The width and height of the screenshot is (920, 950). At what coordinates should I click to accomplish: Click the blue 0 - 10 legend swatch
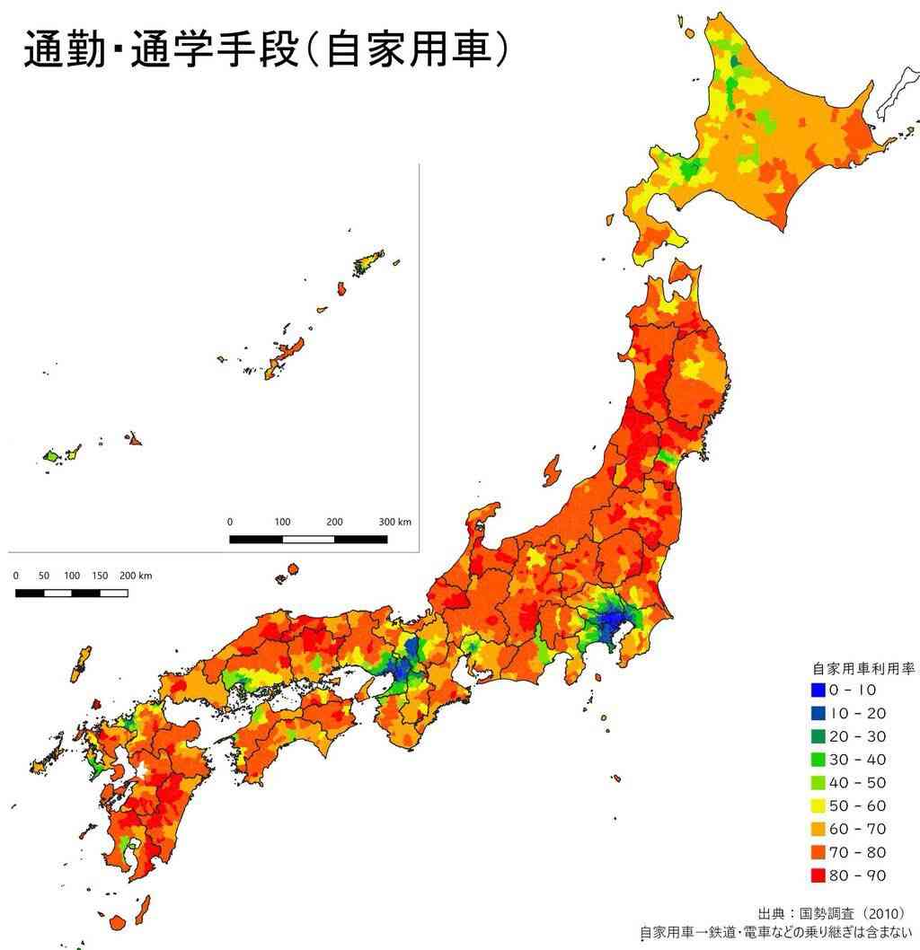817,691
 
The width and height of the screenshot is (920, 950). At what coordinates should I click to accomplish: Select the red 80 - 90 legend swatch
817,875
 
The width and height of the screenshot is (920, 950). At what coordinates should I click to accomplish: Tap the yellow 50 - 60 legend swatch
817,806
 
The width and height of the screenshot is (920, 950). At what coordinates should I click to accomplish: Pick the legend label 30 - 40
857,760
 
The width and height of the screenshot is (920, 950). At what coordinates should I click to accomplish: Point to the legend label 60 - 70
857,829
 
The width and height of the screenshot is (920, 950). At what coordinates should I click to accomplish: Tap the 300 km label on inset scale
394,522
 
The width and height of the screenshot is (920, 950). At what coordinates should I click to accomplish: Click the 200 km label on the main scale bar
136,576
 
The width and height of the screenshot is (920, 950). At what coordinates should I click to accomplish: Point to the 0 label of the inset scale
229,522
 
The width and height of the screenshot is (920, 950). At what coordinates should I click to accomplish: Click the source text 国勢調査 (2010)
845,912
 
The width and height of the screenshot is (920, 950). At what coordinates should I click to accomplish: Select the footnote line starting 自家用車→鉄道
778,933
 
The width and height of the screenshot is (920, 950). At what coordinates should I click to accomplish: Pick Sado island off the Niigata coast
552,471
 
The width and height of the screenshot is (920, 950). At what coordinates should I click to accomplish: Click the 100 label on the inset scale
282,522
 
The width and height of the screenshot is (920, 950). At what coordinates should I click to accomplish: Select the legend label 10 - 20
857,714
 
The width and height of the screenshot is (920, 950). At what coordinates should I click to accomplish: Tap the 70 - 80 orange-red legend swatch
817,852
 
